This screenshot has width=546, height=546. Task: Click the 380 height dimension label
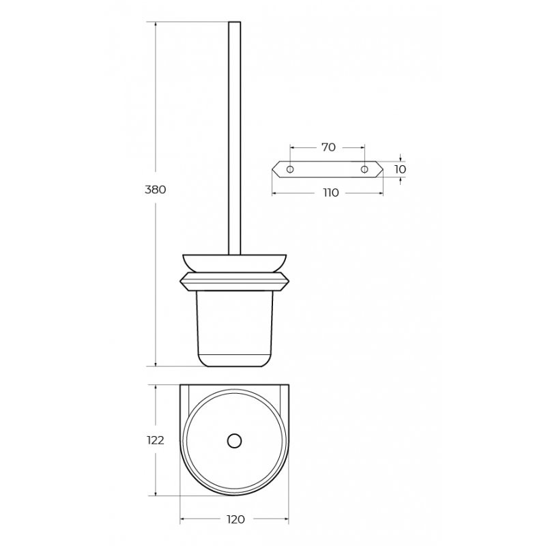coord(156,190)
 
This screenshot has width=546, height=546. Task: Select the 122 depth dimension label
coord(156,440)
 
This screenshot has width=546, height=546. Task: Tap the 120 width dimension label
coord(235,519)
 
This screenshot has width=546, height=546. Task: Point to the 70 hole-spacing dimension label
coord(328,147)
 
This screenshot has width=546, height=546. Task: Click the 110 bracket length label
coord(330,192)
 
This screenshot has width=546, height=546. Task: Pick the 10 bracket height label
coord(401,169)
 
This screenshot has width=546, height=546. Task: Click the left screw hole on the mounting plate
coord(290,169)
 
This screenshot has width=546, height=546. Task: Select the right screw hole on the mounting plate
coord(364,169)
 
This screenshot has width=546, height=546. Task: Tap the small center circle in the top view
coord(234,440)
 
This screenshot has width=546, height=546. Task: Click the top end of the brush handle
coord(234,23)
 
